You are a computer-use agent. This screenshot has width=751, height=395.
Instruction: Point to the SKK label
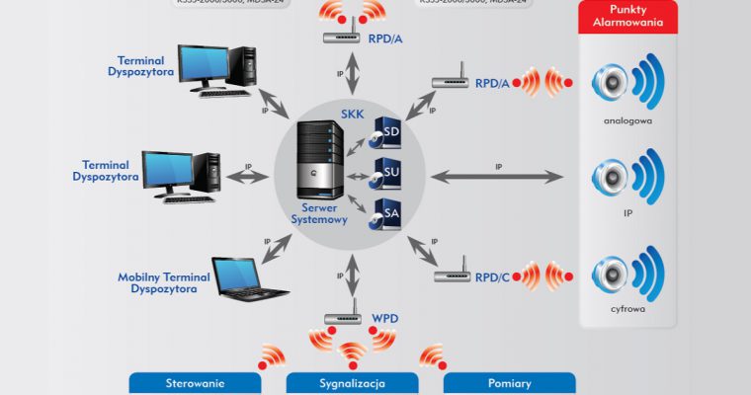point(352,115)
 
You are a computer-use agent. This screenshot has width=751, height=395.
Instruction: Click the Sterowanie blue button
point(196,383)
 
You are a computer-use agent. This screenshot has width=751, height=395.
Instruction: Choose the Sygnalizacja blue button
point(352,383)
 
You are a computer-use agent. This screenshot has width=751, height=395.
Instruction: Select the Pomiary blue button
point(509,383)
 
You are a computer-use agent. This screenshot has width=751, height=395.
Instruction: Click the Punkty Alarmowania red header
point(628,15)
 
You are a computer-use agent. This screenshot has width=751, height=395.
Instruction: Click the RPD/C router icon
point(453,274)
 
